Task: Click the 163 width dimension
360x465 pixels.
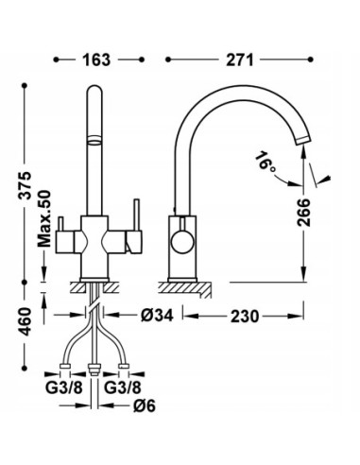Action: [x=96, y=60]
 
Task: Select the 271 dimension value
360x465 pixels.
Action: [x=240, y=60]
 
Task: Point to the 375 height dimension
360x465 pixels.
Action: [x=26, y=185]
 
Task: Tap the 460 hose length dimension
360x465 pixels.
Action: [x=26, y=321]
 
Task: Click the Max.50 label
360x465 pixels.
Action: [x=44, y=218]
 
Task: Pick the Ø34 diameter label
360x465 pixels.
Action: [x=157, y=315]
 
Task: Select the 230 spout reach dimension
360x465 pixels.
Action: [x=245, y=316]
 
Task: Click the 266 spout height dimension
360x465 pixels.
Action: [x=303, y=212]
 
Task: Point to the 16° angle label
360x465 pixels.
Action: [x=264, y=162]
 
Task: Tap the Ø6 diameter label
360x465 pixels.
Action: [x=145, y=406]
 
